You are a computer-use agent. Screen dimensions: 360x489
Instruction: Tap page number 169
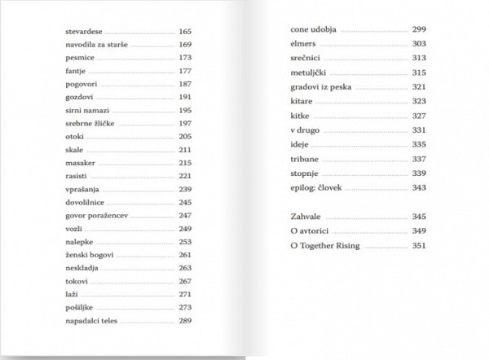(x=186, y=44)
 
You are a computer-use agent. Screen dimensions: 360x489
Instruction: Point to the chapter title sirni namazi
(x=86, y=110)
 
